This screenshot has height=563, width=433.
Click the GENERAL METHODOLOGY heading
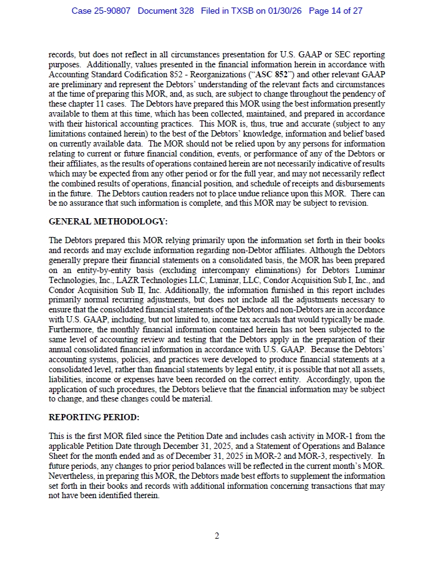point(108,221)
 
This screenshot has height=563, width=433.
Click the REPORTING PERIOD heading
point(94,417)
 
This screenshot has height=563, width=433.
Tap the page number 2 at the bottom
point(216,536)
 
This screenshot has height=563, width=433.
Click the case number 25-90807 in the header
point(110,11)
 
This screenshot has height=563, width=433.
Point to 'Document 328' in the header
point(165,11)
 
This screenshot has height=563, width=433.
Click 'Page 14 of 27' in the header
point(335,11)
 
